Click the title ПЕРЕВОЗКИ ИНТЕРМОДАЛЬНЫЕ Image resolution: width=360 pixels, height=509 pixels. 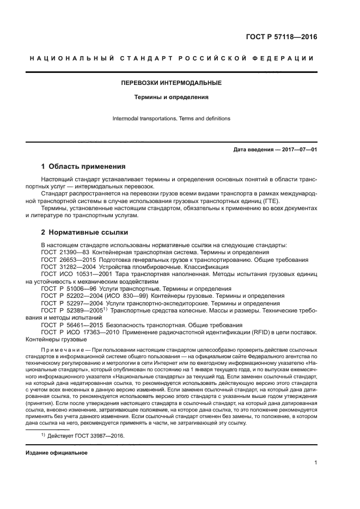point(171,83)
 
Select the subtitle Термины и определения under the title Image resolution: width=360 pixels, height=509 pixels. point(171,98)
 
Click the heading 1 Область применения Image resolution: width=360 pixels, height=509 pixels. point(83,167)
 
